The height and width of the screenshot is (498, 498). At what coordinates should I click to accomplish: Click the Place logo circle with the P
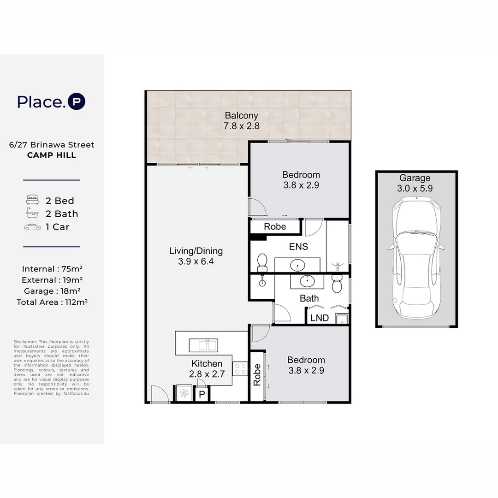click(77, 101)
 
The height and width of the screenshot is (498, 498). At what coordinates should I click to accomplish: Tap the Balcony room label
click(241, 116)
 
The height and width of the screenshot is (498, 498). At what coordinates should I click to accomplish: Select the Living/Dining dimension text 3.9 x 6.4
click(196, 261)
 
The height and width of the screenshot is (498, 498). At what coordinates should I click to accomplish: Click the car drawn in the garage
click(416, 258)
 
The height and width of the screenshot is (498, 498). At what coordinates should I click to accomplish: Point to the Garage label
click(415, 178)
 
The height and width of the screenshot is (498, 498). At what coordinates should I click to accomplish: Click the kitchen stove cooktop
click(240, 369)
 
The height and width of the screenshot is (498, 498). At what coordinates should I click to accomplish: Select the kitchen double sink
click(203, 345)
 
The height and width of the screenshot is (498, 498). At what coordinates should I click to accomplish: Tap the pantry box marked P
click(202, 394)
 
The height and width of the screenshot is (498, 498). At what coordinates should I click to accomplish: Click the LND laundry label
click(320, 318)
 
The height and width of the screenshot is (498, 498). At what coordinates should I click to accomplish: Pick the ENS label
click(298, 246)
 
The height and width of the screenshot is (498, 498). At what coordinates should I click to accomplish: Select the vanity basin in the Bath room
click(307, 281)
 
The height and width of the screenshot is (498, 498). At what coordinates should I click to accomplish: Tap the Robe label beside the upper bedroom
click(275, 226)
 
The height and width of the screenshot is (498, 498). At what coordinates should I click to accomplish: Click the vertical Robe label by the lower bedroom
click(257, 375)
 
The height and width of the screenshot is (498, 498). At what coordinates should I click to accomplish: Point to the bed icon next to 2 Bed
click(32, 200)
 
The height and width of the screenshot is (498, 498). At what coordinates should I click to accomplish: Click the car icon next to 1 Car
click(32, 227)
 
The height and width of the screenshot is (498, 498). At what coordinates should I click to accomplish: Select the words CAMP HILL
click(52, 155)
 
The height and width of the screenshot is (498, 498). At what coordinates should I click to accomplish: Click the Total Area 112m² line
click(52, 302)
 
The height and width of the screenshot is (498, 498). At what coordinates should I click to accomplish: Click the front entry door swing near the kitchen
click(160, 394)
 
